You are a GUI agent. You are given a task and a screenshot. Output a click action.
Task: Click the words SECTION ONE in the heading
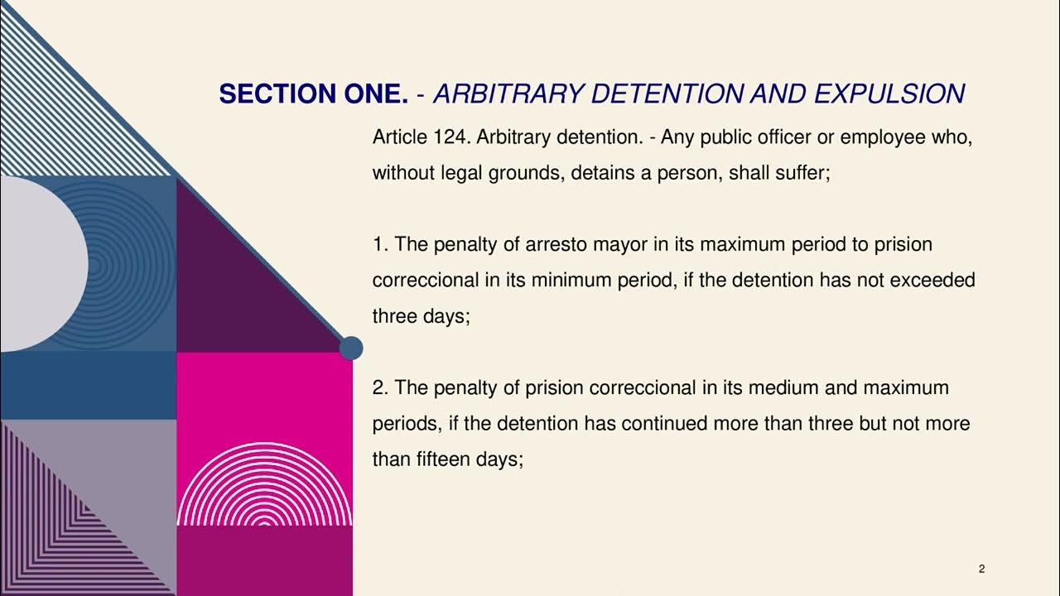coord(313,94)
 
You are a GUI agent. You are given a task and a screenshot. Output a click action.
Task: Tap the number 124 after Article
coord(451,137)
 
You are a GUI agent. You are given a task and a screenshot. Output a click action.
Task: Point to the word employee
coord(883,137)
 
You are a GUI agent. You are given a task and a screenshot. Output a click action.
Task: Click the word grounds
coord(531,174)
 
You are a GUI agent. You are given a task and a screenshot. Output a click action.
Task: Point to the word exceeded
coord(932,280)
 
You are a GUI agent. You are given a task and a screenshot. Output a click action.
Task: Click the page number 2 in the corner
coord(981,569)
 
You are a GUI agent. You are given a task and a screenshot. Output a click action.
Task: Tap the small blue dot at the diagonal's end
coord(351,348)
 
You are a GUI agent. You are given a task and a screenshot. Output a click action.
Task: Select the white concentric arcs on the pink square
coord(264,488)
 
